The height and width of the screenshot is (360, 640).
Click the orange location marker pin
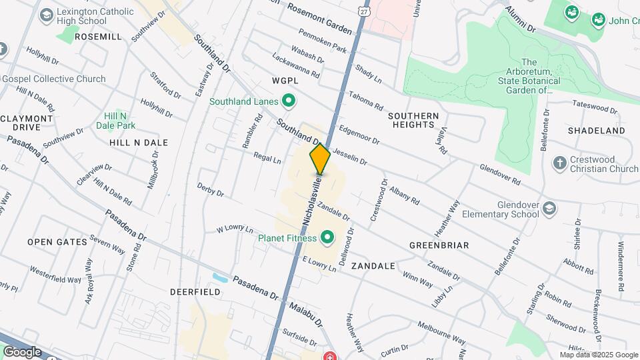click(320, 159)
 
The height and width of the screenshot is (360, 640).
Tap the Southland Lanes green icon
click(289, 102)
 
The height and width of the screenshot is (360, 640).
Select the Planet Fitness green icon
click(327, 237)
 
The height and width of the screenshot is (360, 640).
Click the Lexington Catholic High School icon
click(47, 15)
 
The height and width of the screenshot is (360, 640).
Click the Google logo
click(21, 351)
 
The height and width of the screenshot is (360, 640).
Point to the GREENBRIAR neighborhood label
click(439, 245)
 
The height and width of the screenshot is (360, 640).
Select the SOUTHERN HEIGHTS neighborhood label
click(413, 120)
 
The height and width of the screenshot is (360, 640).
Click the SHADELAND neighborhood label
click(597, 131)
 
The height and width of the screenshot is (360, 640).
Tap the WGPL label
click(284, 80)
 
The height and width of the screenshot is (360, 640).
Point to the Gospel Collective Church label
click(53, 79)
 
